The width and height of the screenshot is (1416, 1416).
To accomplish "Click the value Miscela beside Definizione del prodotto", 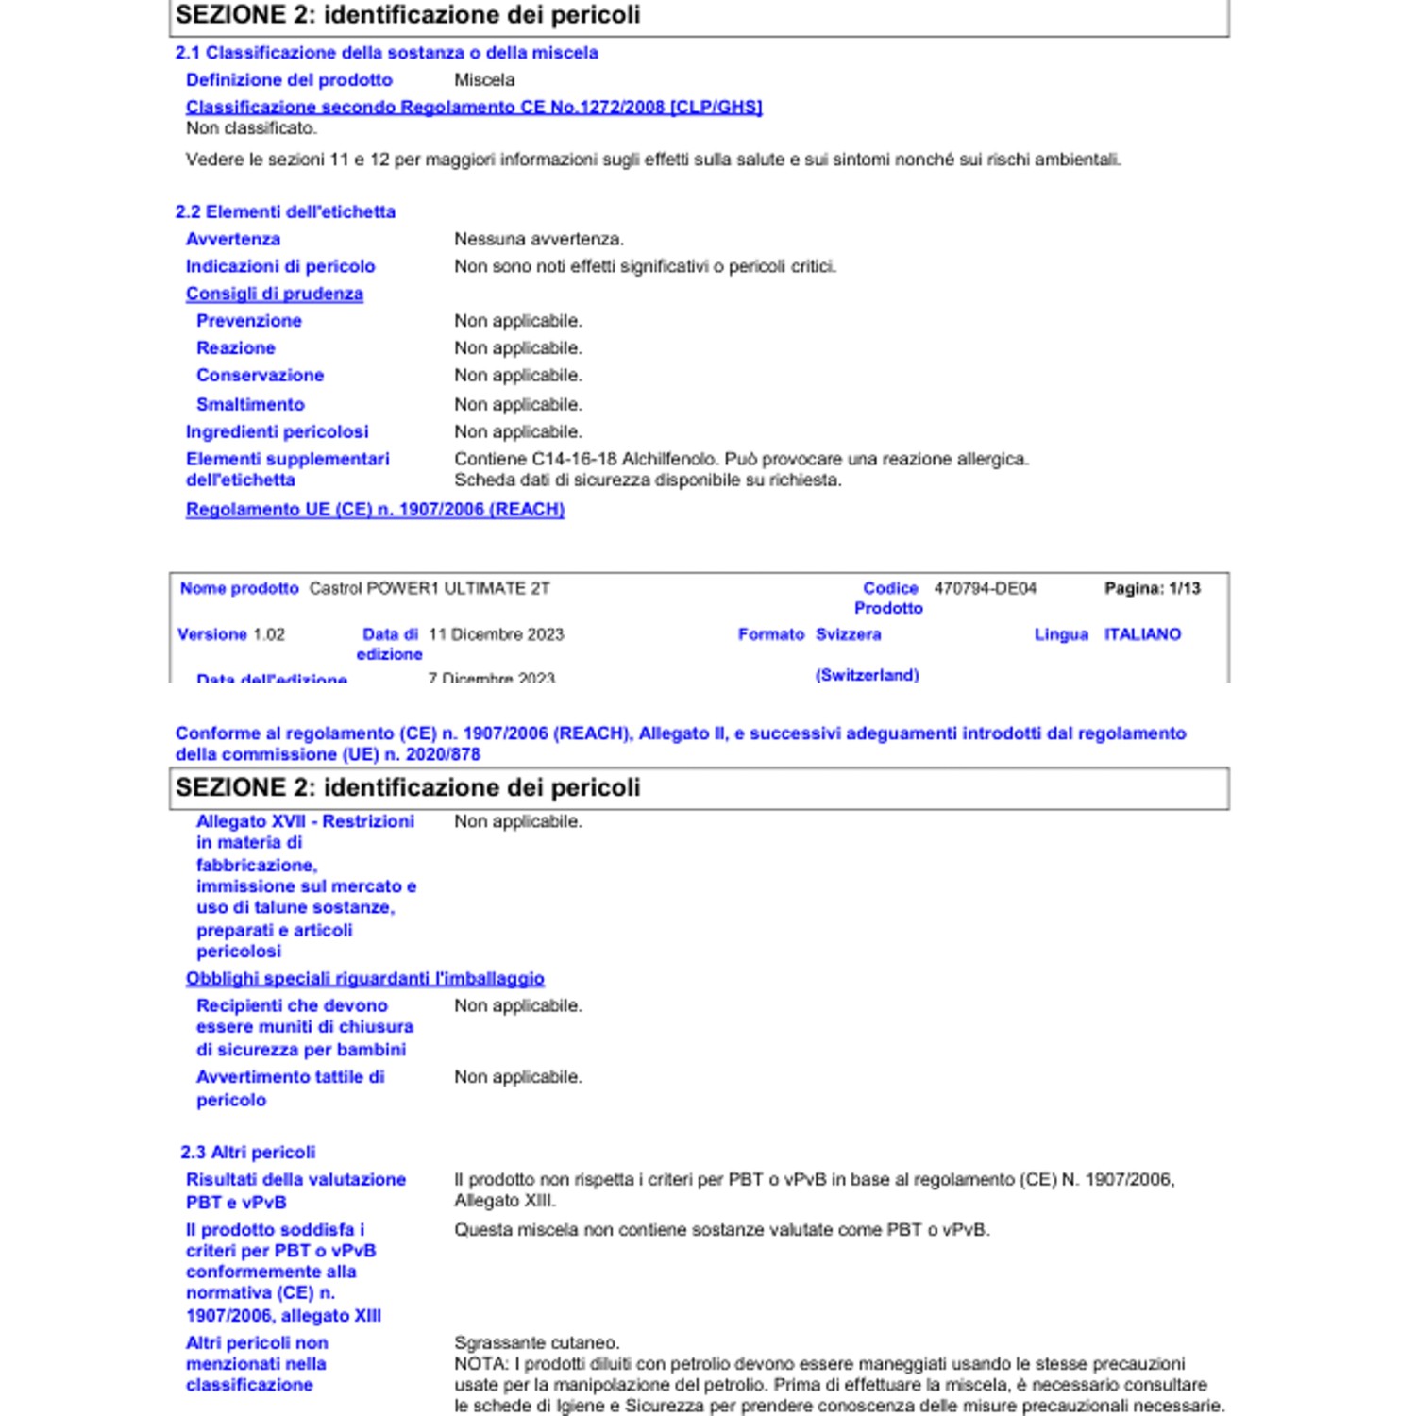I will click(x=484, y=80).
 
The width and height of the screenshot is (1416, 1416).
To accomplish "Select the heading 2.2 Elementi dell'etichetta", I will click(x=285, y=211).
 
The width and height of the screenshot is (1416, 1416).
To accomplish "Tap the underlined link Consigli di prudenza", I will click(x=274, y=294).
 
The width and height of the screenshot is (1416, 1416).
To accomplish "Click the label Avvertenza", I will click(x=232, y=239).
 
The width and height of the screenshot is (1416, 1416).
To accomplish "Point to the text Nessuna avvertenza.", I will click(x=538, y=239).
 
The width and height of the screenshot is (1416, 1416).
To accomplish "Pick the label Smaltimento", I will click(x=250, y=404).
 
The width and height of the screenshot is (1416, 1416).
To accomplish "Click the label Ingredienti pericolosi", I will click(x=277, y=431).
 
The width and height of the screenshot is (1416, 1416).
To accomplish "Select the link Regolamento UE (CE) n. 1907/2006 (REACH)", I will click(x=375, y=509).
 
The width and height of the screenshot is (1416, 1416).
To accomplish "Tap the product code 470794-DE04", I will click(x=985, y=588).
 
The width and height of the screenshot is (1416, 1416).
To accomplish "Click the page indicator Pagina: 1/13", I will click(x=1152, y=588).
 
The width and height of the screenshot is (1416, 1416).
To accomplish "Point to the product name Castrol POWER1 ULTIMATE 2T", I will click(x=430, y=588).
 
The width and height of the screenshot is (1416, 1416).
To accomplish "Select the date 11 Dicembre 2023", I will click(x=496, y=634).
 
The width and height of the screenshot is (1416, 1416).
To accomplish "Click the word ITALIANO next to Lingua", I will click(x=1142, y=634).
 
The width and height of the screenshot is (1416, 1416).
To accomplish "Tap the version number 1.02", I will click(x=269, y=634).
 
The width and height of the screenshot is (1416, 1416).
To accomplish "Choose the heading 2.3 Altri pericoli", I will click(x=247, y=1152).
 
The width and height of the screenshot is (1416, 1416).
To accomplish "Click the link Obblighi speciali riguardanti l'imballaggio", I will click(x=364, y=978).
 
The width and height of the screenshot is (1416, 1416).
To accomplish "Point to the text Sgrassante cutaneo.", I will click(x=536, y=1342).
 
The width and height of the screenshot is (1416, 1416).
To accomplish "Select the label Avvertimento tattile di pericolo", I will click(x=289, y=1087).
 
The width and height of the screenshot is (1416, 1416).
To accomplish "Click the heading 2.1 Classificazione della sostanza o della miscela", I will click(x=386, y=53).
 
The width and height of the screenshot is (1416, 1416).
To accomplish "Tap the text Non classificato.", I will click(x=251, y=127).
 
